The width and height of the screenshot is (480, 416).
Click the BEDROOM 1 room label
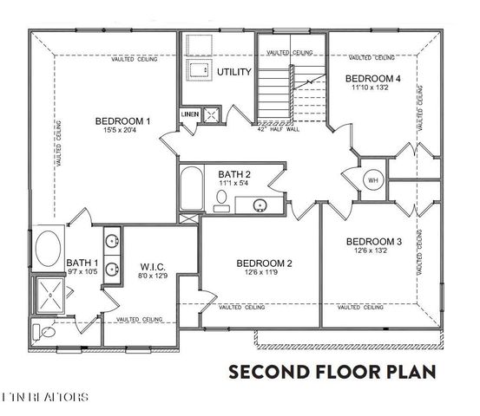[x=123, y=120]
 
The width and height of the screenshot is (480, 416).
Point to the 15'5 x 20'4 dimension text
[x=123, y=131]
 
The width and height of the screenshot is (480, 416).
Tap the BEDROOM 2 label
[x=265, y=263]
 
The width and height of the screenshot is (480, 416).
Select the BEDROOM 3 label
[x=374, y=241]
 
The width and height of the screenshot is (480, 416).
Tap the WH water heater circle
[x=374, y=181]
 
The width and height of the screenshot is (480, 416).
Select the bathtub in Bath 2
[x=192, y=188]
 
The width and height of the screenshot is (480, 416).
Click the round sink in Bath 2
[x=260, y=205]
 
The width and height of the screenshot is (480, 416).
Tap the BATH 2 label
[x=234, y=173]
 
